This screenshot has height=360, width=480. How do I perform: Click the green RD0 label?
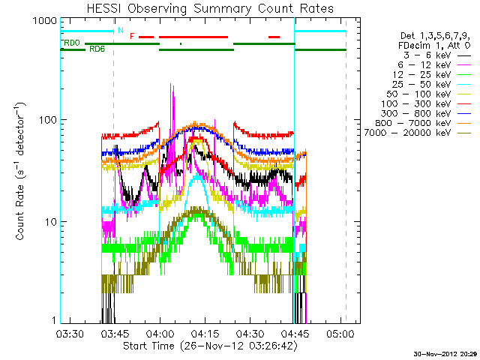pyautogui.click(x=73, y=43)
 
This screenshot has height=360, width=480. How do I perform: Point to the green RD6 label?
pyautogui.click(x=97, y=49)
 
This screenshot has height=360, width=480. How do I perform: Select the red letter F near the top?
pyautogui.click(x=132, y=36)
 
